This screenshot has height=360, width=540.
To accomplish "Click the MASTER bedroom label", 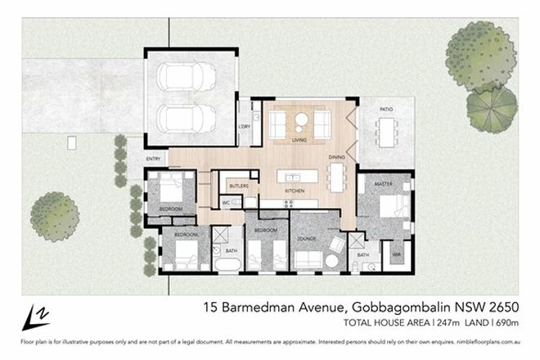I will point(384,184).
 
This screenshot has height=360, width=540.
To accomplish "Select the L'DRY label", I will point(243,126).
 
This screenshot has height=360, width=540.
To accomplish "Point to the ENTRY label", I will point(153,159).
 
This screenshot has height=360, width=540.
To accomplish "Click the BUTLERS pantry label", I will point(238,187).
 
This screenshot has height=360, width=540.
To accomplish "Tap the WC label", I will point(227,201).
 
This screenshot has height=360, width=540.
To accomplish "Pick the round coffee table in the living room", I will point(300,120).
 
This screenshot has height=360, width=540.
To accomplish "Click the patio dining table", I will point(387,129).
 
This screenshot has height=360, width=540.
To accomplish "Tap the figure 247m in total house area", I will point(424,325).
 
